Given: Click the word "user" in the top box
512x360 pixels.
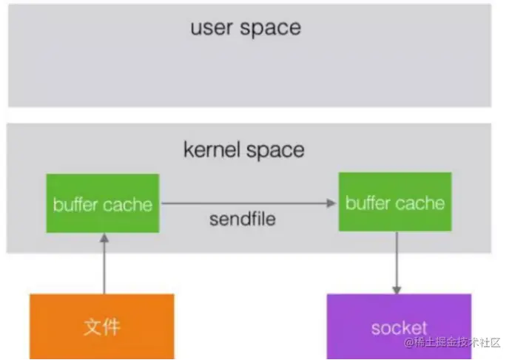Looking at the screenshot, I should tap(212, 29).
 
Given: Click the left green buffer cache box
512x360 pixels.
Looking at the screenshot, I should tap(103, 203).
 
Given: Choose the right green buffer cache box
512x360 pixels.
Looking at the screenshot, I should tap(395, 203).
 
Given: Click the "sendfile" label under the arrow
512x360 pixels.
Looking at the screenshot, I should tap(243, 219).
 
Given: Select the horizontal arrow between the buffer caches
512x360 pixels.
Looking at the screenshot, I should tap(244, 203).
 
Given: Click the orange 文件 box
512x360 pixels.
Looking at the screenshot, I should tap(102, 325).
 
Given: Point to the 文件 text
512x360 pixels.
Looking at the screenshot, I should tap(102, 326).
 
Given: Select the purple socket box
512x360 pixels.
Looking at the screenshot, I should tap(399, 325).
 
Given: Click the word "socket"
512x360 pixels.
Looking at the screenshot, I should tap(399, 327).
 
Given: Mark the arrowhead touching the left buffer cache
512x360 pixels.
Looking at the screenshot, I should tap(104, 239).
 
